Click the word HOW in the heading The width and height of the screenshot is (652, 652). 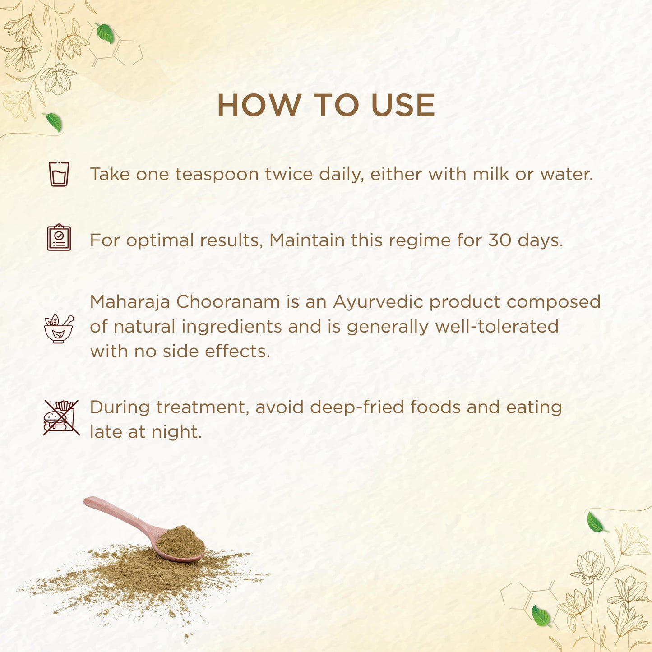click(259, 105)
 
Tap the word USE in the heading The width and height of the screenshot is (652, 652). click(403, 105)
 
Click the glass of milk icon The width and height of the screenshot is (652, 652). click(59, 174)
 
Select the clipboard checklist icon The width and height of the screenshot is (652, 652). click(59, 237)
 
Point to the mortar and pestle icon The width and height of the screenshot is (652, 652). click(59, 328)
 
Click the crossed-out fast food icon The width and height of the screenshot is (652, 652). click(61, 417)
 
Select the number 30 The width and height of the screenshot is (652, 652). click(500, 240)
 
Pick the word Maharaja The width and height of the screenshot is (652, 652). click(129, 302)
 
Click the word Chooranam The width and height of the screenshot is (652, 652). click(228, 302)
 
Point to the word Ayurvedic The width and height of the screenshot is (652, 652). click(378, 302)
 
